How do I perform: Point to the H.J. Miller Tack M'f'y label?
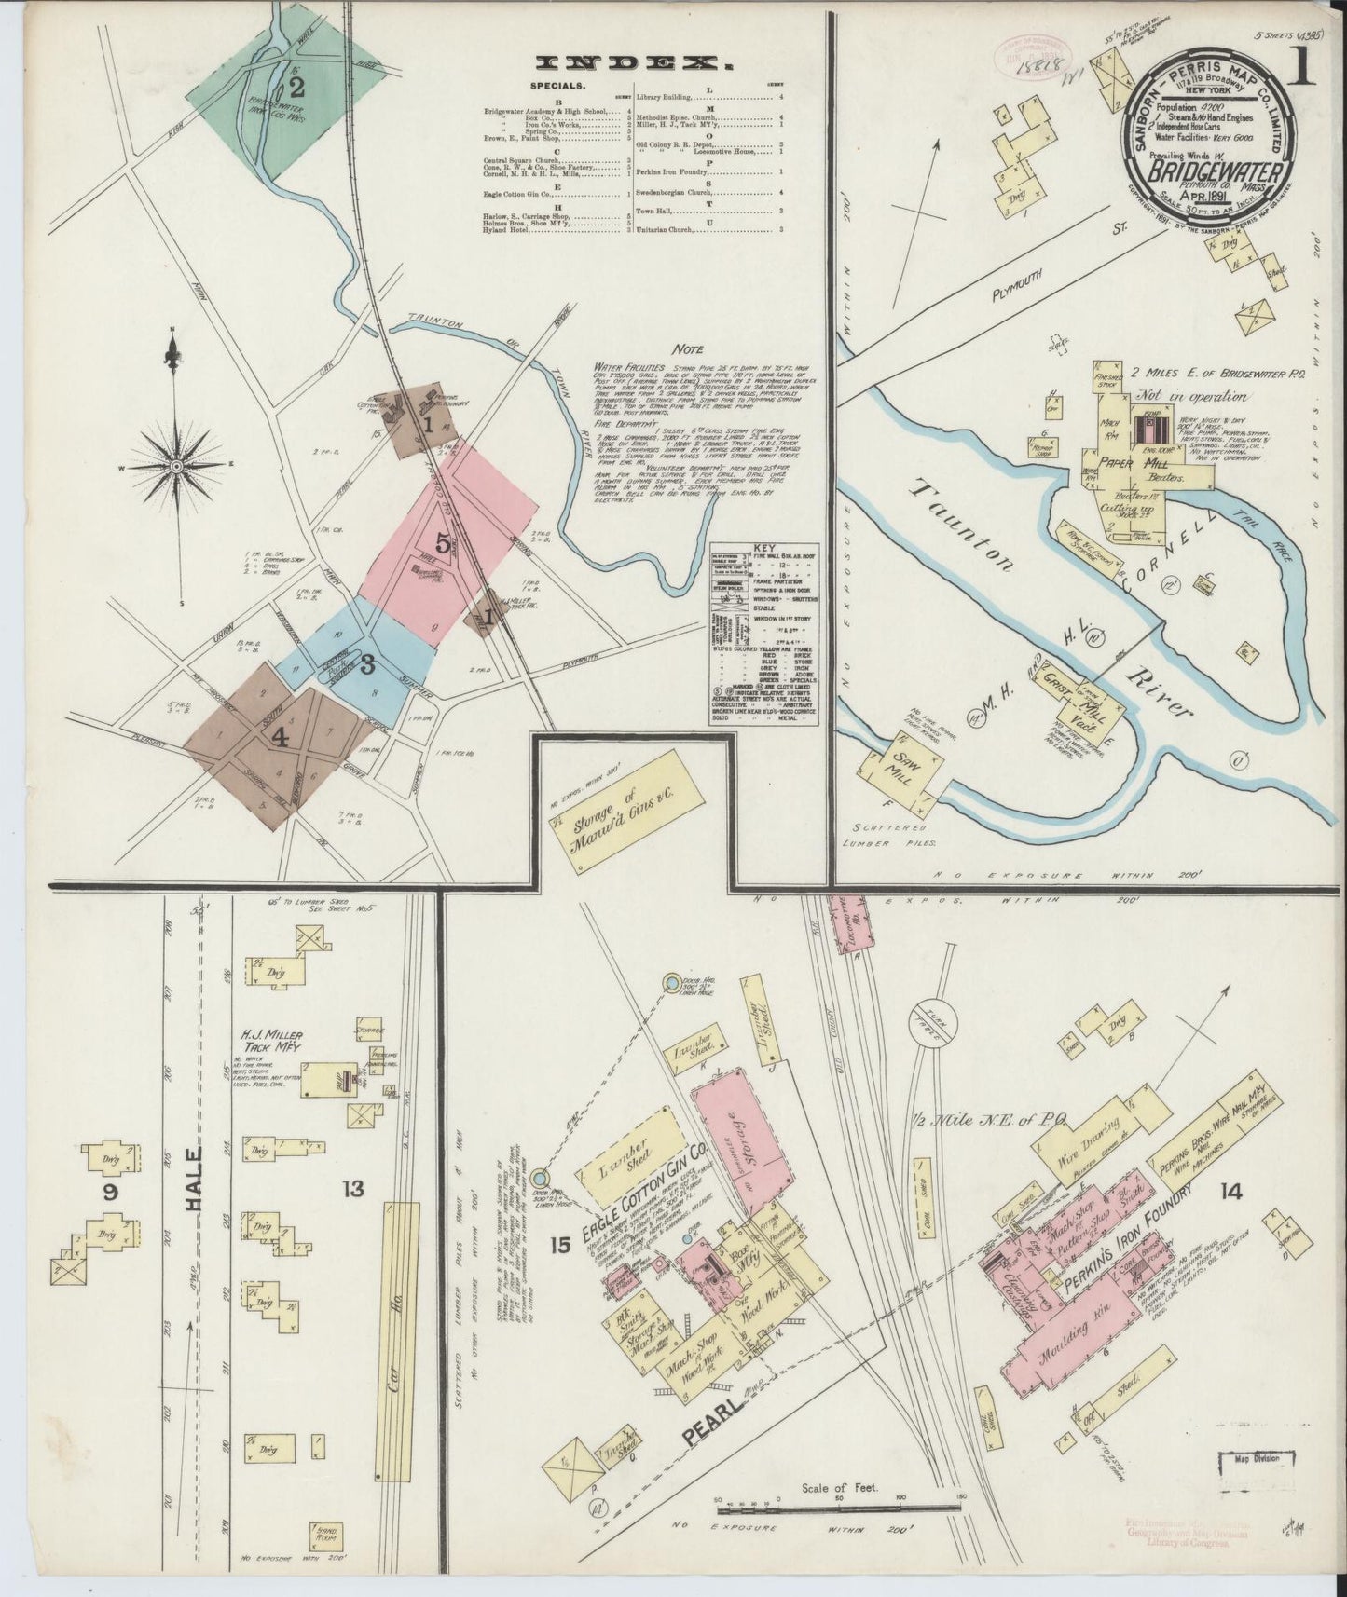point(276,1043)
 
